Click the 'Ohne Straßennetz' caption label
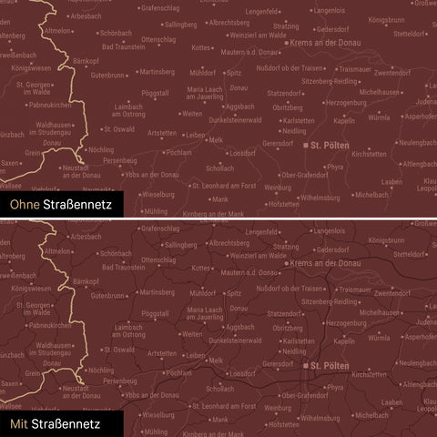coord(56,206)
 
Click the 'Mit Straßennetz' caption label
coord(52,424)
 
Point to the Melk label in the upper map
coord(216,140)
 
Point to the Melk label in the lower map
coord(216,361)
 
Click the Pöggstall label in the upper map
coord(157,93)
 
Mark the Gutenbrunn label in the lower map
coord(107,296)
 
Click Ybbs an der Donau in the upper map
coord(153,174)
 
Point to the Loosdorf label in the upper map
coord(243,155)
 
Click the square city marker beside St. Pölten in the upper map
coord(304,145)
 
